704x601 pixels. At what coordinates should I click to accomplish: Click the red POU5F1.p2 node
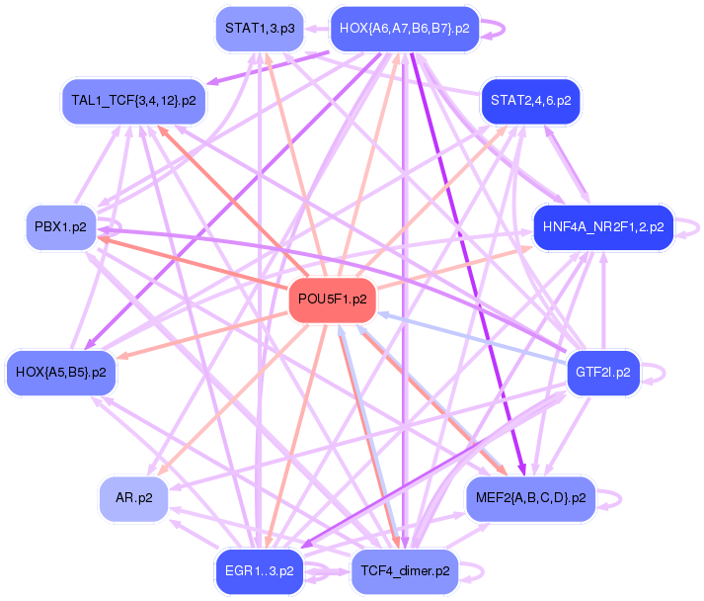[x=332, y=300]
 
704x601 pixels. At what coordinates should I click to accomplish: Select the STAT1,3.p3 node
[x=260, y=29]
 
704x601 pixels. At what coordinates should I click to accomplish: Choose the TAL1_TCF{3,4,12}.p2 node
[x=133, y=100]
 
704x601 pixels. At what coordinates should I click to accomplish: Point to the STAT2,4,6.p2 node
[x=530, y=100]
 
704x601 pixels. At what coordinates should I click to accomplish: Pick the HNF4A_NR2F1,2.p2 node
[x=602, y=226]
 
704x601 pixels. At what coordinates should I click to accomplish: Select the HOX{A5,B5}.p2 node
[x=61, y=373]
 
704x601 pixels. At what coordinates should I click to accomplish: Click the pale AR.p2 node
[x=133, y=498]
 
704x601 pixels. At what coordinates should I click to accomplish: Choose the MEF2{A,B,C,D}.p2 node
[x=530, y=498]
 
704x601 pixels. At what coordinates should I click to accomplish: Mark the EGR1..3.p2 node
[x=260, y=570]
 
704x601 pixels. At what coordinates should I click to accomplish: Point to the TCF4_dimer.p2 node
[x=405, y=570]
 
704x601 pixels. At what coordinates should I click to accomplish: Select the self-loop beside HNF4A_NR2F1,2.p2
[x=697, y=226]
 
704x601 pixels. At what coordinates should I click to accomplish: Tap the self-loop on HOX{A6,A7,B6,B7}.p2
[x=502, y=29]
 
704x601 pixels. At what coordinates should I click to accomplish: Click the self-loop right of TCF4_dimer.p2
[x=481, y=570]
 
